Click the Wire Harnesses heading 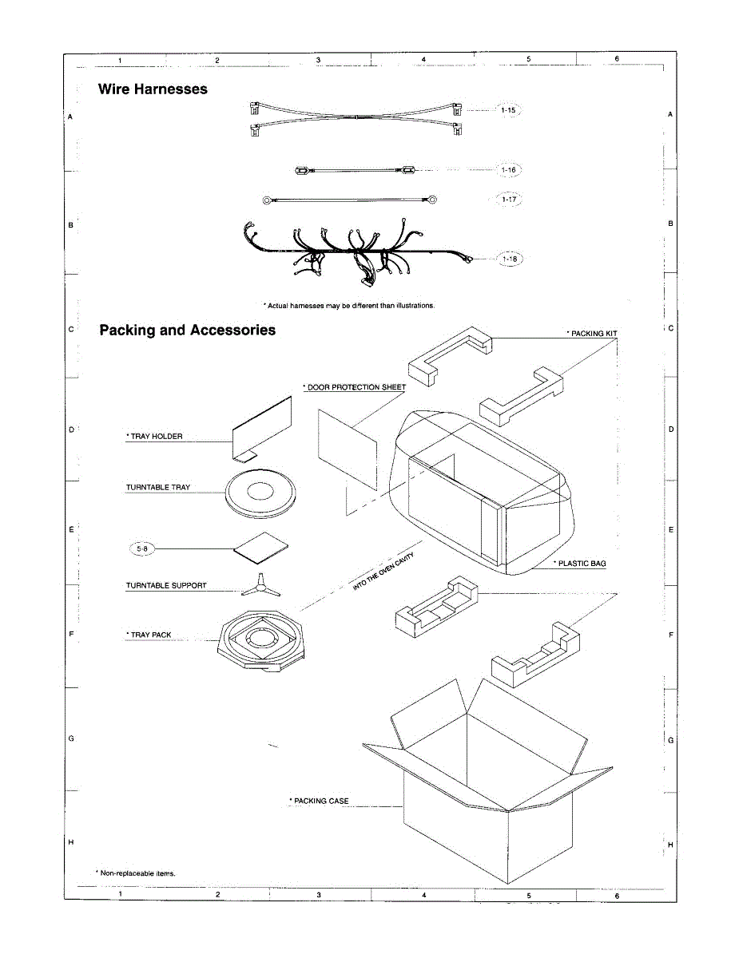[x=153, y=89]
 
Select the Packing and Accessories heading [x=188, y=331]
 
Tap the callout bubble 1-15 [x=508, y=110]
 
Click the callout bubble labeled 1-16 [x=509, y=170]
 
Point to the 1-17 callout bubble [x=509, y=199]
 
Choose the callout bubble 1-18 [x=509, y=259]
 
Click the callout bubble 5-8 [x=141, y=548]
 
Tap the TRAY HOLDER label [x=155, y=437]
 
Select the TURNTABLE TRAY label [x=158, y=487]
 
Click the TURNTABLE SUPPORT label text [x=166, y=585]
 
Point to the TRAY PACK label [x=149, y=635]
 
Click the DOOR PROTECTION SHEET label [x=355, y=387]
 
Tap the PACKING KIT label [x=592, y=333]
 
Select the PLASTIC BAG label [x=580, y=564]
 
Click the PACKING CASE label [x=320, y=801]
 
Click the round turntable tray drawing [x=261, y=492]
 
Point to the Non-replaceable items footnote [x=136, y=873]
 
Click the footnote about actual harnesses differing [x=349, y=305]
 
